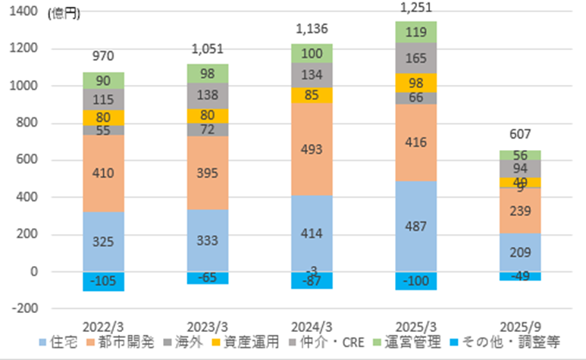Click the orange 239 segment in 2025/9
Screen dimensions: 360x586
coord(520,210)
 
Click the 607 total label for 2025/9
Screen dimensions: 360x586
coord(520,136)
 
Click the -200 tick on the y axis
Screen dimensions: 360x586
coord(26,308)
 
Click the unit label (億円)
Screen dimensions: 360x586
coord(61,13)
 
